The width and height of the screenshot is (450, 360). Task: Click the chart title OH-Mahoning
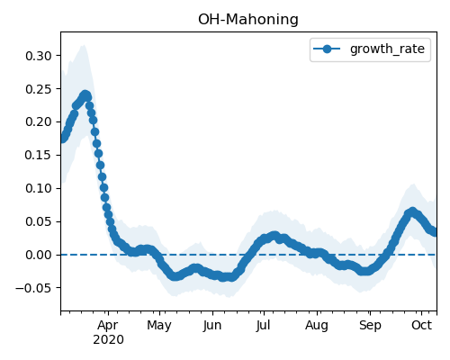point(248,20)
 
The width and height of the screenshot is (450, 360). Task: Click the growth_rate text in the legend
point(387,49)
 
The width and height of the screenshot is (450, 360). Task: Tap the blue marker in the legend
point(327,49)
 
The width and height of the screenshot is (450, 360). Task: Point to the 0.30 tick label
point(39,56)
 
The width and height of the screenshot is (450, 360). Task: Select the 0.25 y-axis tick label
point(39,89)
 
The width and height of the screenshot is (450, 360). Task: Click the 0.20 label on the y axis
point(39,122)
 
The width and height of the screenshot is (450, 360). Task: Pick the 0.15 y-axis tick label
point(39,155)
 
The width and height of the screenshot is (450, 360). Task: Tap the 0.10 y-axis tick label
point(39,188)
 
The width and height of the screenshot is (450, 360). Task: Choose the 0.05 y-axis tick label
point(39,221)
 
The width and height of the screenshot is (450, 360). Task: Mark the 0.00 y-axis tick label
point(39,255)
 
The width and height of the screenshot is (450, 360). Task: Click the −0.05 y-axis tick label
point(33,288)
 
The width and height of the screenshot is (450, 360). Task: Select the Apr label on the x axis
point(108,326)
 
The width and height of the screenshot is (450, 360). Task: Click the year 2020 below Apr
point(108,340)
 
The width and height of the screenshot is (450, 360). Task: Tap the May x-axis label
point(159,326)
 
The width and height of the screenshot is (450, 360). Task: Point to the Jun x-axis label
point(212,326)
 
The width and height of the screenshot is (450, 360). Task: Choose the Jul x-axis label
point(263,326)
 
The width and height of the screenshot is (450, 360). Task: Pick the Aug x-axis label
point(317,326)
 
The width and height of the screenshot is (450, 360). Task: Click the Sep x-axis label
point(370,326)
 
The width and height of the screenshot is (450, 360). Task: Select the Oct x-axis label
point(421,325)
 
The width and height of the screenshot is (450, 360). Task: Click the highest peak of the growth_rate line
point(85,95)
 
